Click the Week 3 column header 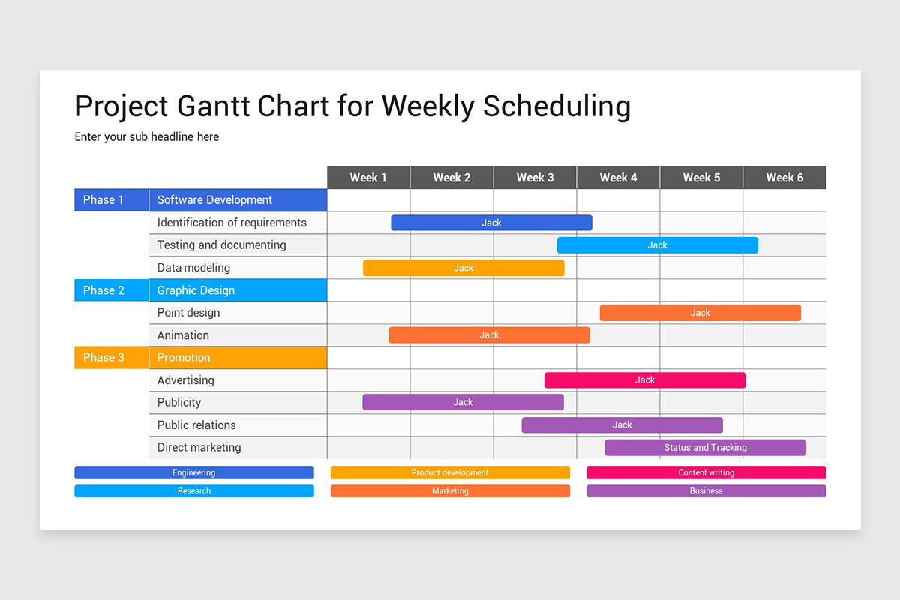click(535, 178)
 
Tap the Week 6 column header click(784, 178)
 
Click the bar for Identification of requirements click(491, 223)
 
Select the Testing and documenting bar click(657, 245)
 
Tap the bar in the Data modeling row click(463, 268)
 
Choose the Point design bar click(700, 313)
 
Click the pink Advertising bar click(645, 379)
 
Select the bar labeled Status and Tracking click(706, 447)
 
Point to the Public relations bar click(622, 424)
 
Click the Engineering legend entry click(194, 472)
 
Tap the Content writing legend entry click(706, 472)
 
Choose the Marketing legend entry click(450, 490)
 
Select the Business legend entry click(706, 490)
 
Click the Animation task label click(183, 335)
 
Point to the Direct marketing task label click(199, 447)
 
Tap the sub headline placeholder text click(147, 137)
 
